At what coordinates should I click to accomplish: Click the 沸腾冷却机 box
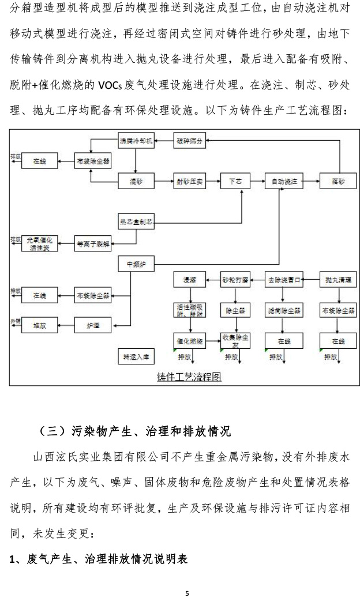pyautogui.click(x=136, y=141)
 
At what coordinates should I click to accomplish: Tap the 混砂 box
pyautogui.click(x=136, y=181)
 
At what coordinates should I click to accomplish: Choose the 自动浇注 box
pyautogui.click(x=284, y=181)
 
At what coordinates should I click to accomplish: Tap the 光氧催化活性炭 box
pyautogui.click(x=39, y=243)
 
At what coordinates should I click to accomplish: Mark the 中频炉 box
pyautogui.click(x=137, y=264)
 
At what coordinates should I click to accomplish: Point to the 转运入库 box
pyautogui.click(x=136, y=356)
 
